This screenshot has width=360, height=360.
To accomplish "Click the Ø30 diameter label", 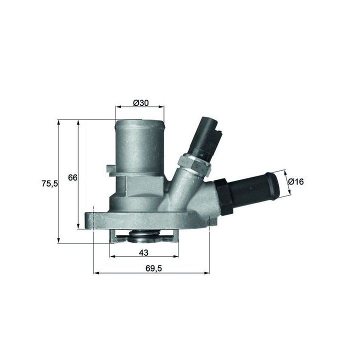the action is (x=140, y=103).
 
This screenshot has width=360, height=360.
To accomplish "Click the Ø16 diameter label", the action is (x=296, y=181).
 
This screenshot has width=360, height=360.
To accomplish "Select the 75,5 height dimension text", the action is (x=49, y=183).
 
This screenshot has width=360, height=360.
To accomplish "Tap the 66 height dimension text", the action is (x=72, y=177).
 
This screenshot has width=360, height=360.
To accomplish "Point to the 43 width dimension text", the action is (x=143, y=252).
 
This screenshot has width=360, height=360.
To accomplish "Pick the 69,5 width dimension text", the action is (x=153, y=268).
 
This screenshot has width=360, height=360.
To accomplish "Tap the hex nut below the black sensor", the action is (x=193, y=165).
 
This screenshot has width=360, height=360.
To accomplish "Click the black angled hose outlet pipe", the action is (x=254, y=188).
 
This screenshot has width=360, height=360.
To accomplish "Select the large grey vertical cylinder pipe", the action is (x=140, y=147).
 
